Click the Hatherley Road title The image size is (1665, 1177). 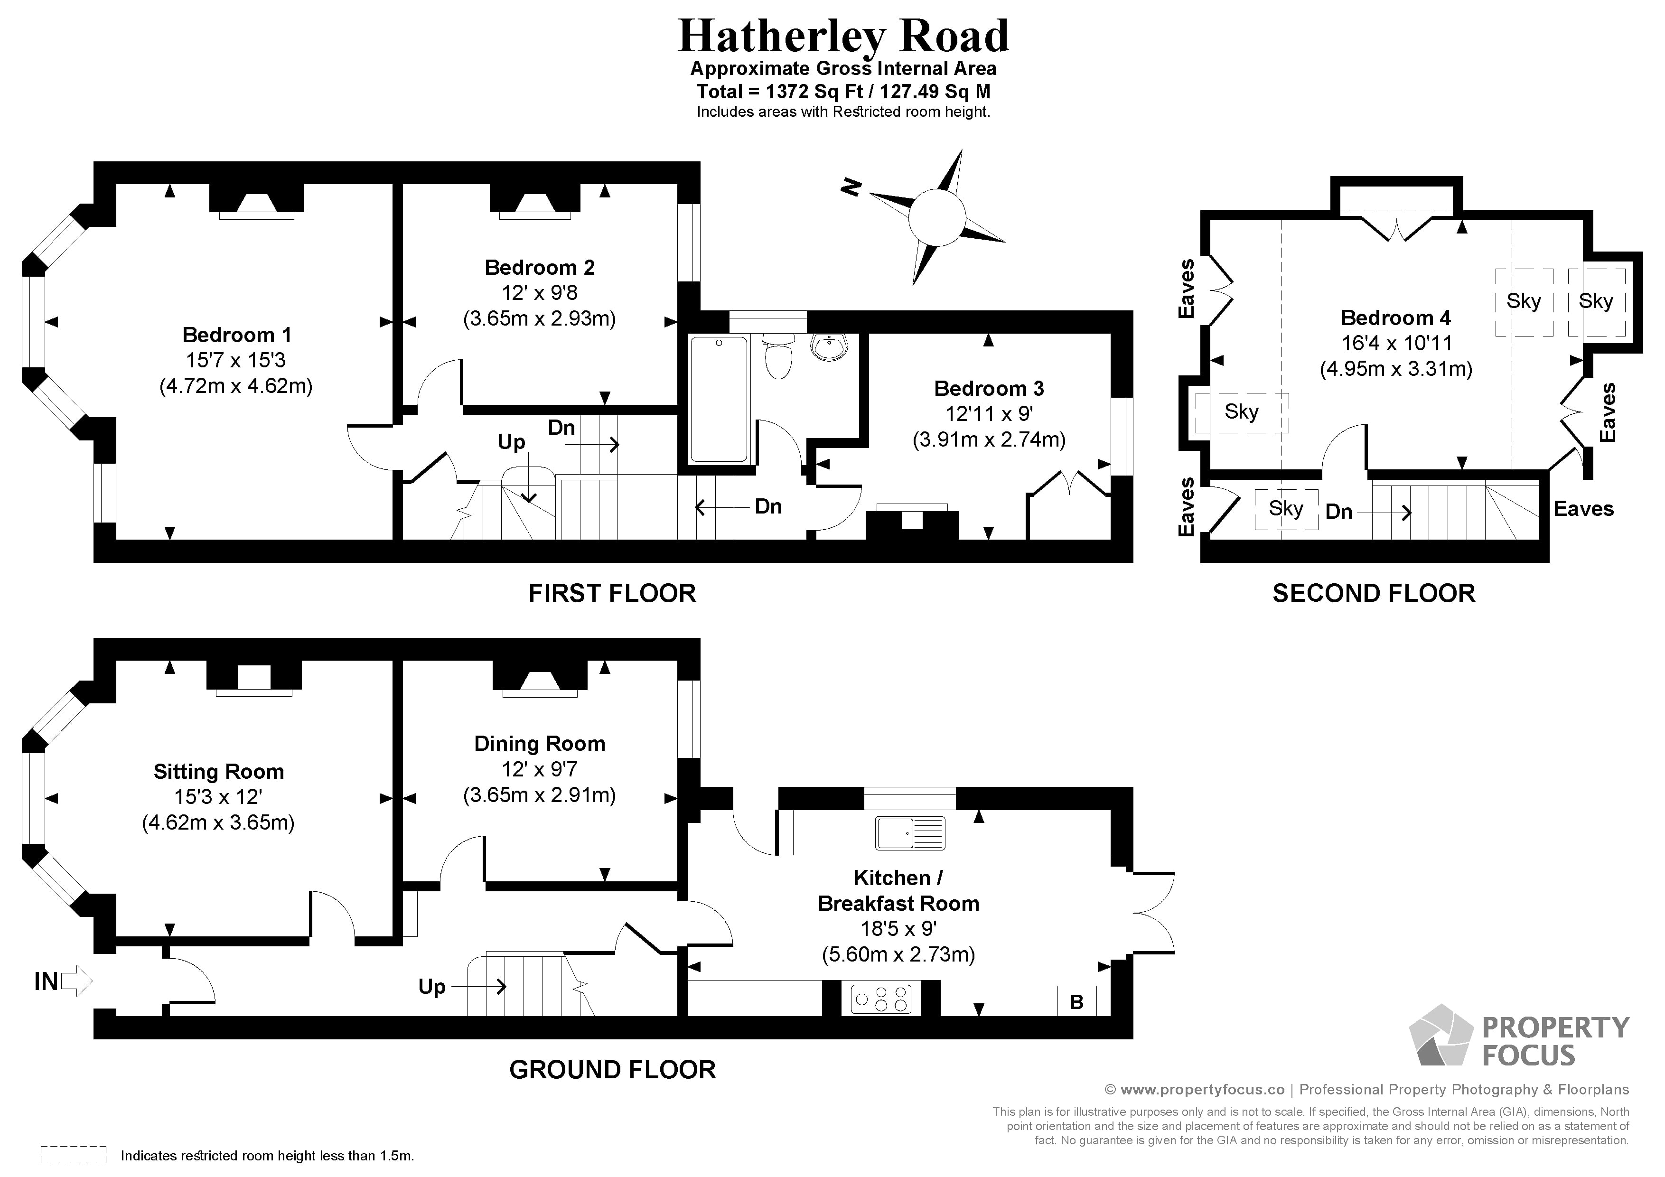pos(842,36)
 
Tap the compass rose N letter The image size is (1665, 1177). pos(850,187)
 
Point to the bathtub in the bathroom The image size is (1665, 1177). pos(718,399)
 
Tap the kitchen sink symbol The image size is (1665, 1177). pos(910,832)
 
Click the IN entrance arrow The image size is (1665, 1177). pos(75,981)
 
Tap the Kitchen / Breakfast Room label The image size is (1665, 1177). pos(898,890)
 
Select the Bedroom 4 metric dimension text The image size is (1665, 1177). pos(1395,369)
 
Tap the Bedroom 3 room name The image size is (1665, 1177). pos(988,389)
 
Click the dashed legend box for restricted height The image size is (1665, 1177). pos(73,1155)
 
